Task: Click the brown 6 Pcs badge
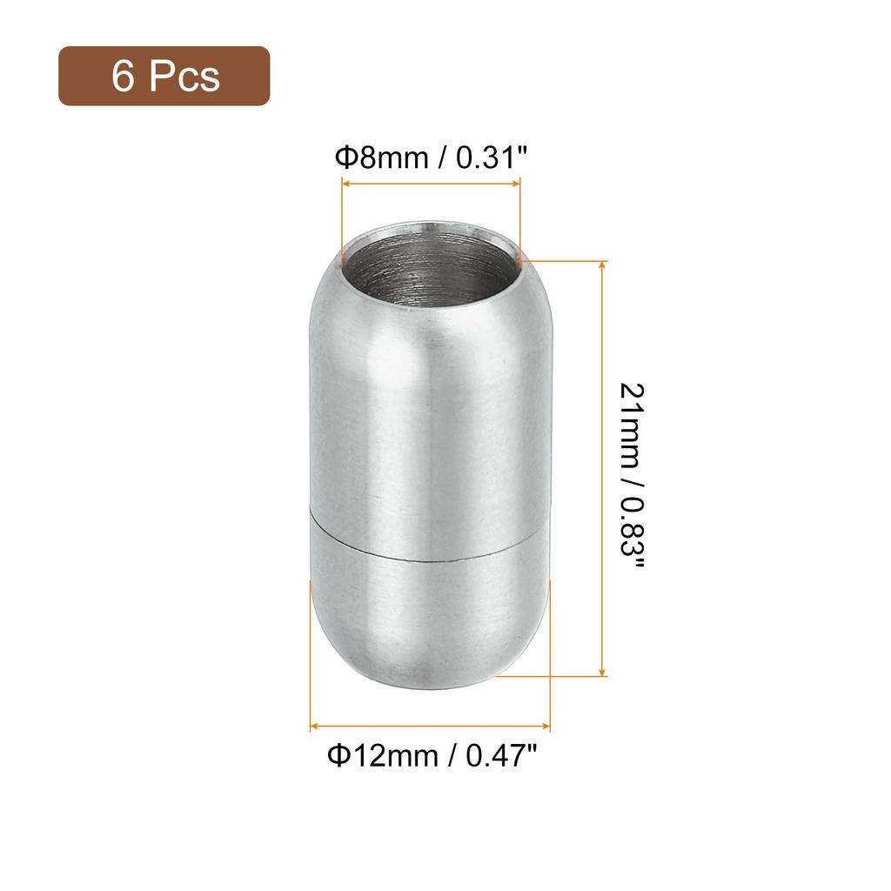(x=164, y=77)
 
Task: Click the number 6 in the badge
(x=123, y=77)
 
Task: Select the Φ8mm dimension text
(x=383, y=157)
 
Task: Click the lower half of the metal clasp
(x=430, y=609)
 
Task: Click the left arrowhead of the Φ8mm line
(x=344, y=184)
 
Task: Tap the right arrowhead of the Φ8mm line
(x=518, y=184)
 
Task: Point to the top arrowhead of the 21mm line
(x=602, y=263)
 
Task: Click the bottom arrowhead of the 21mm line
(x=602, y=673)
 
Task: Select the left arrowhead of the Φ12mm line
(x=313, y=726)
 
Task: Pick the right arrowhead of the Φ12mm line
(x=547, y=726)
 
